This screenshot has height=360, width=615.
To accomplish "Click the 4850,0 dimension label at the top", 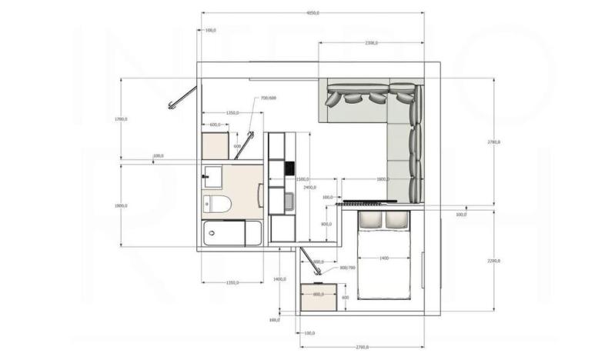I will (313, 13).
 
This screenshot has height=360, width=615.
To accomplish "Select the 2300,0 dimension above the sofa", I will (370, 43).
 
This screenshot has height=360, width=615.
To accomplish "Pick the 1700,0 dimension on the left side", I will (120, 119).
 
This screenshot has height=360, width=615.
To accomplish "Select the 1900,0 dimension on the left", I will (120, 205).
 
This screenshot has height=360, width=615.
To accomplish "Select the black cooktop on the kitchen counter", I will (289, 168).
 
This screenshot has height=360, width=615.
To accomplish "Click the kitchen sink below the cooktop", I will (288, 202).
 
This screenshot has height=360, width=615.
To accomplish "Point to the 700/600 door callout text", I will (269, 98).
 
